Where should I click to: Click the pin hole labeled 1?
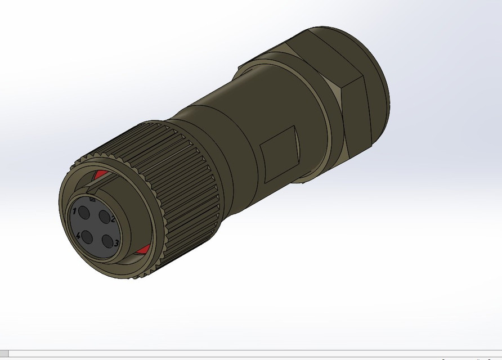point(84,213)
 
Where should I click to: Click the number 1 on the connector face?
point(74,211)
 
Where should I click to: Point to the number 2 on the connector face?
point(113,219)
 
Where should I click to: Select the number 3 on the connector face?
point(116,243)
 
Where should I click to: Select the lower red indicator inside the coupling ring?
point(142,249)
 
